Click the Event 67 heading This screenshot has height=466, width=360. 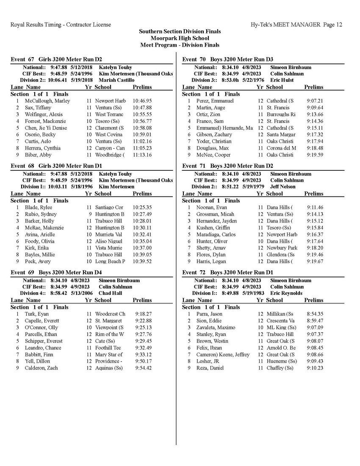[56, 59]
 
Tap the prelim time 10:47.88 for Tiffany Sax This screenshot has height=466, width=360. [142, 108]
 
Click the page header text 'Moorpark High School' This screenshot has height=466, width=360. [180, 38]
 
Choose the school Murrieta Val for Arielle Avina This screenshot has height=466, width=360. [109, 234]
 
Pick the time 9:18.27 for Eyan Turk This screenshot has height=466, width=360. [143, 314]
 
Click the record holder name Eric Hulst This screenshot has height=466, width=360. [282, 80]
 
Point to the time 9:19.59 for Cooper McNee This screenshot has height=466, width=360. [315, 155]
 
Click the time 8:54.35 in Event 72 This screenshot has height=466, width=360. [315, 314]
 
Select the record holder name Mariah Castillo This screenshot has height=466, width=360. [116, 80]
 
